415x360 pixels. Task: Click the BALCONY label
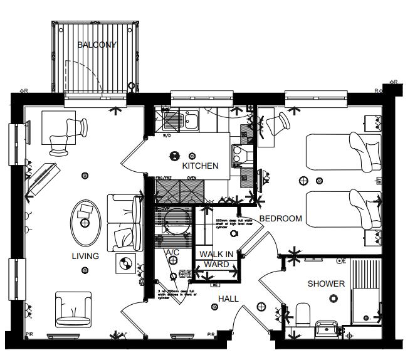[97, 45]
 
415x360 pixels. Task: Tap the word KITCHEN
[200, 166]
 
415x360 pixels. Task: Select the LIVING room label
[85, 256]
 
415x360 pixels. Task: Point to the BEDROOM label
[281, 219]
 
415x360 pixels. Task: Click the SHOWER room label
[326, 283]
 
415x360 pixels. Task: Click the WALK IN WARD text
[217, 259]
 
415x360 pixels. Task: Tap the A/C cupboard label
[172, 252]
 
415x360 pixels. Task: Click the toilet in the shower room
[303, 313]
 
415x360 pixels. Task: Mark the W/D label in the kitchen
[167, 135]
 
